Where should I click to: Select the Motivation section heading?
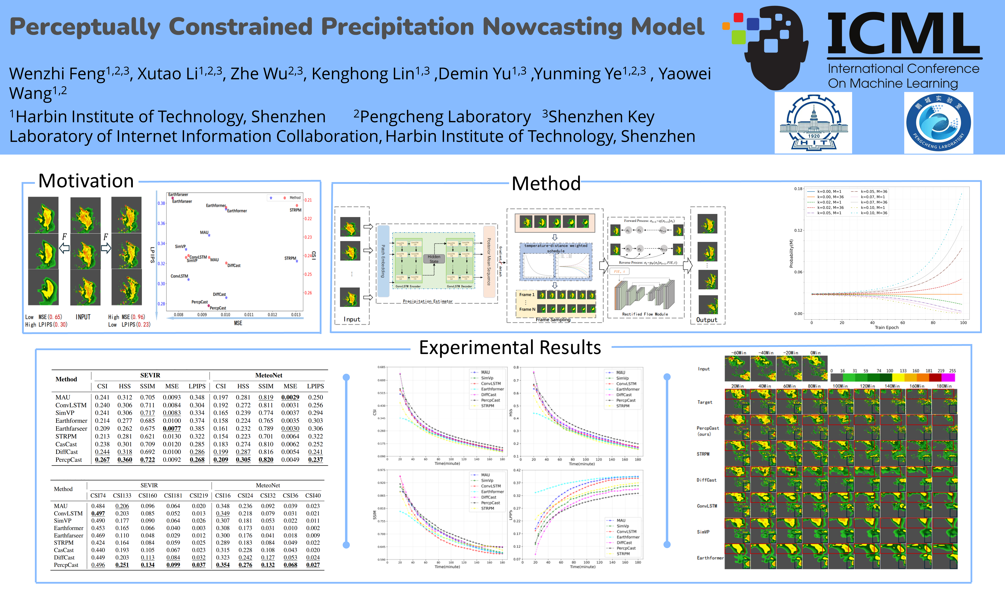[86, 181]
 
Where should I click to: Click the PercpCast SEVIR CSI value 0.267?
[102, 460]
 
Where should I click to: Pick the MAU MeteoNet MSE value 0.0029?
[290, 397]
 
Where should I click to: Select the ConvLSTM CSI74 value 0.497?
[98, 513]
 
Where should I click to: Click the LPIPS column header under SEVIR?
[197, 386]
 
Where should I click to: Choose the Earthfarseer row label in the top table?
[71, 429]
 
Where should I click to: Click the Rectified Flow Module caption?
[645, 314]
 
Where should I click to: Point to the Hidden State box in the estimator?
[434, 259]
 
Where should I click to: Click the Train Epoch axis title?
[887, 327]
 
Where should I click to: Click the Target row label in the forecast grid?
[704, 402]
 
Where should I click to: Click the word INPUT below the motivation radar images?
[83, 317]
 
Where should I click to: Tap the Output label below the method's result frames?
[707, 320]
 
